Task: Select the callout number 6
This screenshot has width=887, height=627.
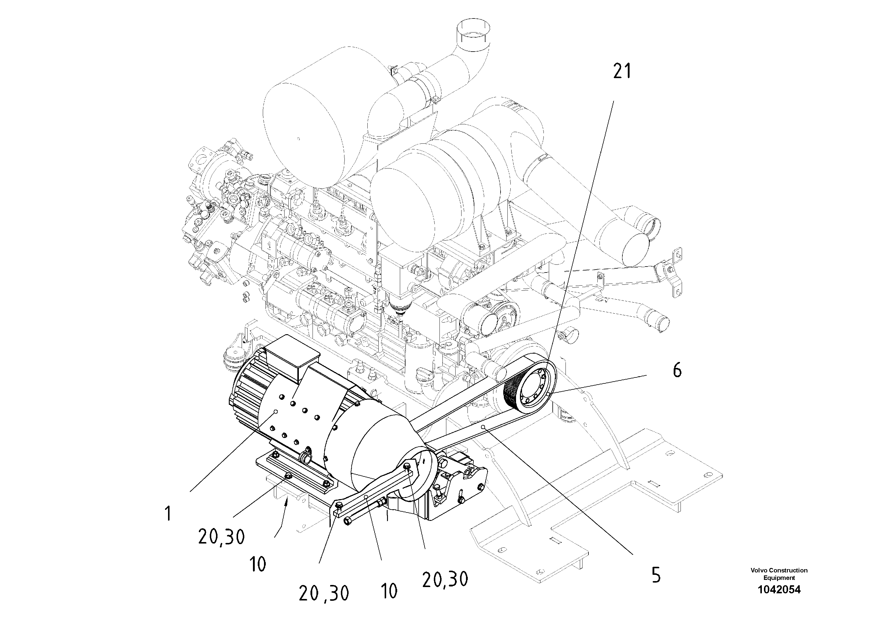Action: [x=677, y=370]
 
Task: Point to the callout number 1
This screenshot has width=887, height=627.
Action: [x=168, y=514]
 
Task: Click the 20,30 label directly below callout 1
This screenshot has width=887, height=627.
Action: [x=221, y=537]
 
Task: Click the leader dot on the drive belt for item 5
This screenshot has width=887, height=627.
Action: [x=483, y=427]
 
